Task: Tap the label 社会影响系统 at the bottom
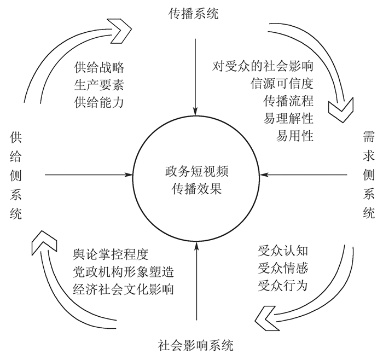point(196,345)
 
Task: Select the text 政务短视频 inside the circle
point(196,171)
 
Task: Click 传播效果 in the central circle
point(196,189)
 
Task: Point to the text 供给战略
point(99,68)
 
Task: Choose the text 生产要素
point(99,85)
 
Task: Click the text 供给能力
point(99,102)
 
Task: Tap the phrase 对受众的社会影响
point(263,67)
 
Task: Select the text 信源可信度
point(281,85)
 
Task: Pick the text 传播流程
point(288,102)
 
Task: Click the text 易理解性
point(288,119)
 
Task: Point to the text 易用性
point(295,136)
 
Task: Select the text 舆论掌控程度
point(111,255)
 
